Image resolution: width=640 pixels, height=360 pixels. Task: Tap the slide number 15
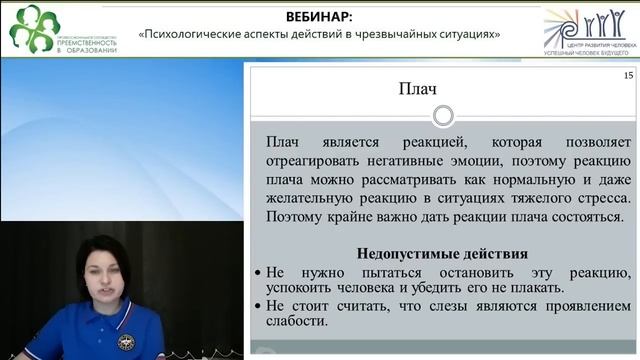(627, 76)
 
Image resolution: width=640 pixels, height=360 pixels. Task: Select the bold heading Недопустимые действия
(442, 254)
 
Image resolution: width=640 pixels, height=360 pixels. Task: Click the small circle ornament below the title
(442, 118)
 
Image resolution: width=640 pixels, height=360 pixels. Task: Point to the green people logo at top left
(34, 24)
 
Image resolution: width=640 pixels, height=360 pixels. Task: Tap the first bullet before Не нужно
(258, 273)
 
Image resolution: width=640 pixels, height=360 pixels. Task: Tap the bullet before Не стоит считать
(258, 307)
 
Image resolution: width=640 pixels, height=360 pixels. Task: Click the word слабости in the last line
(298, 323)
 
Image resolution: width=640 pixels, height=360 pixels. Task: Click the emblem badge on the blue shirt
(126, 342)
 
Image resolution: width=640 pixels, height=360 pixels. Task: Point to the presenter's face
(106, 274)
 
